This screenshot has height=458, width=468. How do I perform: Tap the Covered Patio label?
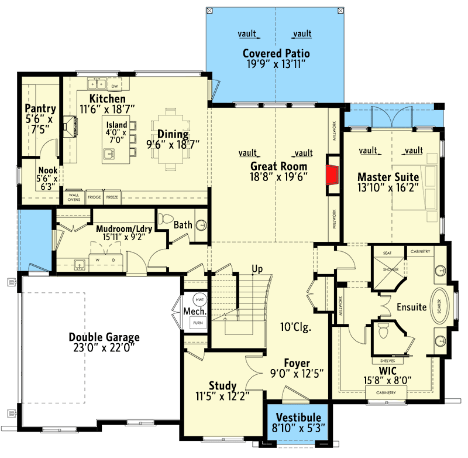(276, 54)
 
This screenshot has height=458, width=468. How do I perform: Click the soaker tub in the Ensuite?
(438, 306)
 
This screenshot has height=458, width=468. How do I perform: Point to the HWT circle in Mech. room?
(200, 299)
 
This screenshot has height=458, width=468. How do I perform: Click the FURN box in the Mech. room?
(200, 322)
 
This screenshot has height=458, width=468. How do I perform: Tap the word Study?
(222, 385)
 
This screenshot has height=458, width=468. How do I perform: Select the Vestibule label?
(299, 416)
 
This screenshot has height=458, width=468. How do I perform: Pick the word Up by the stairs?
(256, 269)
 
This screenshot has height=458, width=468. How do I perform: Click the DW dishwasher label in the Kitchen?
(115, 86)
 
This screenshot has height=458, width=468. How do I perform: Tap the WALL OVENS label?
(74, 197)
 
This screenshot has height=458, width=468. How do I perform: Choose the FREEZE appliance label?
(112, 197)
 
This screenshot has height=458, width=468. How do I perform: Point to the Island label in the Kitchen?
(116, 125)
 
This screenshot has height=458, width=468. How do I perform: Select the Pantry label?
(40, 108)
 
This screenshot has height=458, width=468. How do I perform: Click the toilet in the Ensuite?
(384, 333)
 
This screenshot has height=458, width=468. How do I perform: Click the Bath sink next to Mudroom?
(201, 224)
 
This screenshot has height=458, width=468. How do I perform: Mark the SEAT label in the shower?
(387, 252)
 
